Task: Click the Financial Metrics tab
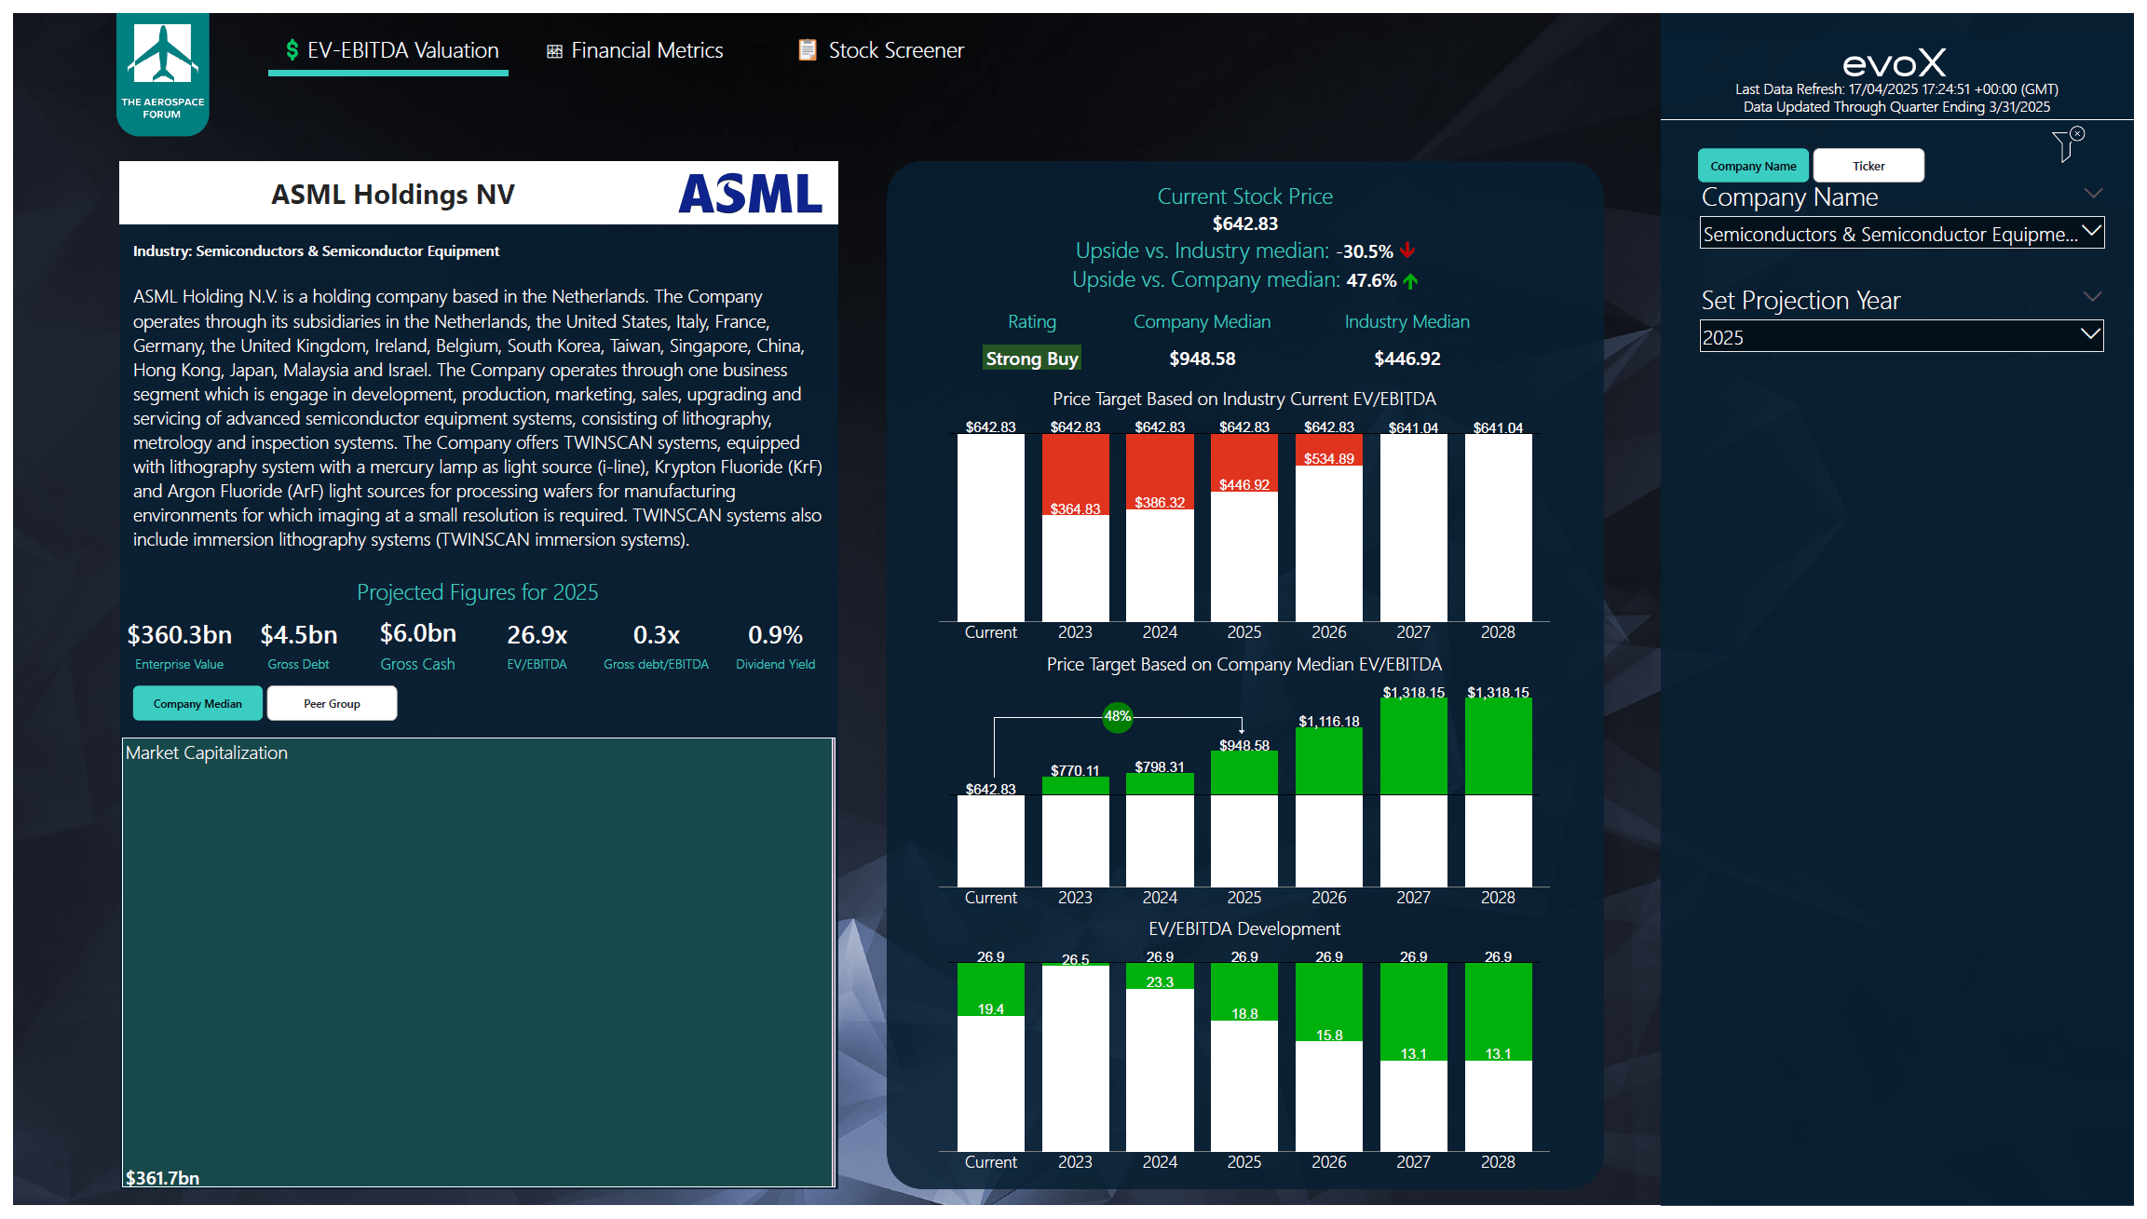[635, 50]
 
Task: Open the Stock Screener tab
[881, 50]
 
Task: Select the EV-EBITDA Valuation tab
[391, 50]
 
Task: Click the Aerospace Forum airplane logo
[163, 56]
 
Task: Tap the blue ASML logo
[750, 194]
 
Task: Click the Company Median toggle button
[197, 704]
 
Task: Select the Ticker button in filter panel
[1868, 166]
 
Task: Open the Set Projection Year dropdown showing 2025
[1901, 337]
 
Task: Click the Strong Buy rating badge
[1031, 359]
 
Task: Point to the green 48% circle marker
[1117, 716]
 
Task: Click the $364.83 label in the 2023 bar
[1075, 508]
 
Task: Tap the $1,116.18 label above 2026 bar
[1328, 722]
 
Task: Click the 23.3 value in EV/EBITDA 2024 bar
[1160, 982]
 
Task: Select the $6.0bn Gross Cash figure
[418, 633]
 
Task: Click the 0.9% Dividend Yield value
[775, 635]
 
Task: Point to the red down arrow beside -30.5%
[1407, 251]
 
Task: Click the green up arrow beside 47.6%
[1410, 280]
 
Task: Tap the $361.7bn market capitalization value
[163, 1178]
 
